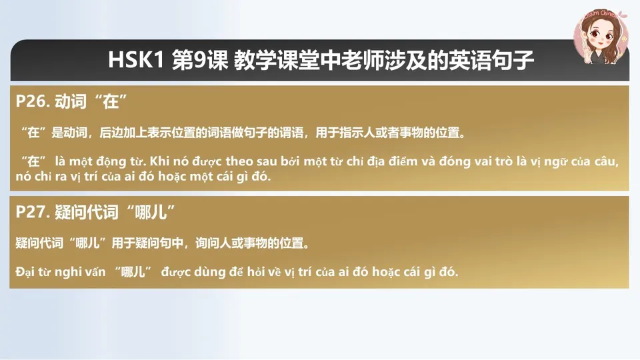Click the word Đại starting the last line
click(x=25, y=272)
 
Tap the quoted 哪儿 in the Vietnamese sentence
click(x=133, y=272)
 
